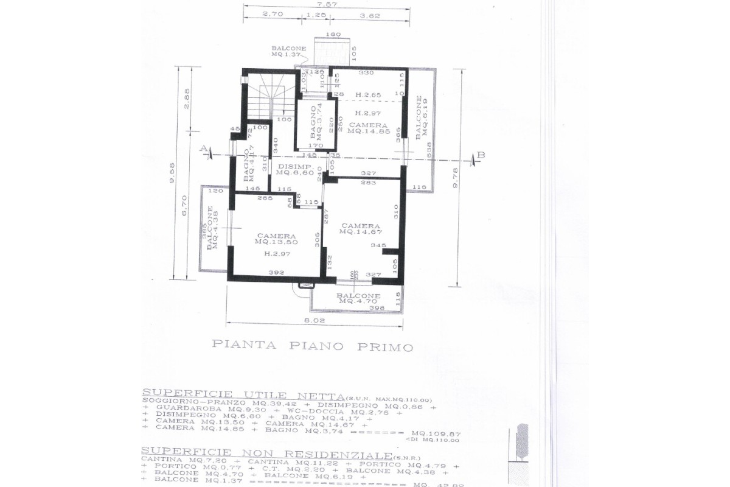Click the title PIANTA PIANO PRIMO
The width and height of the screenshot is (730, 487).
(x=312, y=346)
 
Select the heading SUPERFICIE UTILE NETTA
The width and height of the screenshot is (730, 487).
(x=243, y=393)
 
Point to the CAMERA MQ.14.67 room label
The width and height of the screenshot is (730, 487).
(x=361, y=228)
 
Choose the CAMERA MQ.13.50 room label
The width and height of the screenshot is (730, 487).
(x=276, y=239)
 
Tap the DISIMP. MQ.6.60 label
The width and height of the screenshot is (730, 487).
(x=295, y=169)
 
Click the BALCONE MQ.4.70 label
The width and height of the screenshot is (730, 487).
(x=359, y=298)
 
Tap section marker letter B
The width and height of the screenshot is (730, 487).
(x=481, y=155)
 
